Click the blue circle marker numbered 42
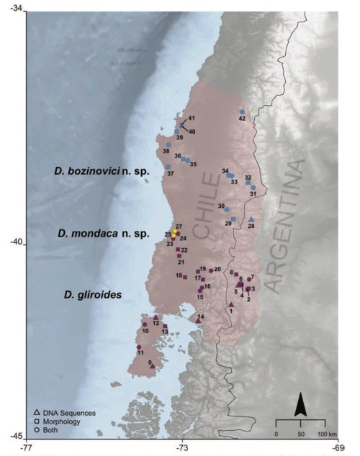[242, 111]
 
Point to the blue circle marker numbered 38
[168, 145]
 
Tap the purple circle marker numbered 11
[139, 347]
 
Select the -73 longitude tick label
[182, 448]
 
